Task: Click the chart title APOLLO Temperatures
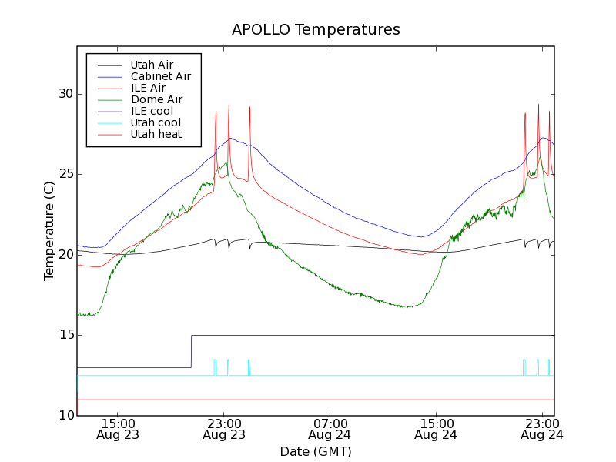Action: (316, 30)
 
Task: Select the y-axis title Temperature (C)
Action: (49, 230)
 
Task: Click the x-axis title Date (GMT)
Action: (316, 451)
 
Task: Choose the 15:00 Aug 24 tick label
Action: (437, 429)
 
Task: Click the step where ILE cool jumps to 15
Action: (191, 351)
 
